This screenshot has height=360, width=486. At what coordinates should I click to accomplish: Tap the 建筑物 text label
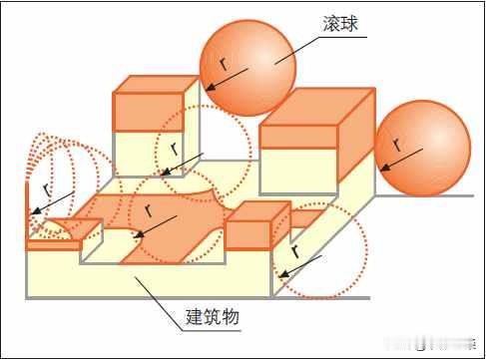[212, 319]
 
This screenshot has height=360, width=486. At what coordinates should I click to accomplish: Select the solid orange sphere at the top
[247, 68]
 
